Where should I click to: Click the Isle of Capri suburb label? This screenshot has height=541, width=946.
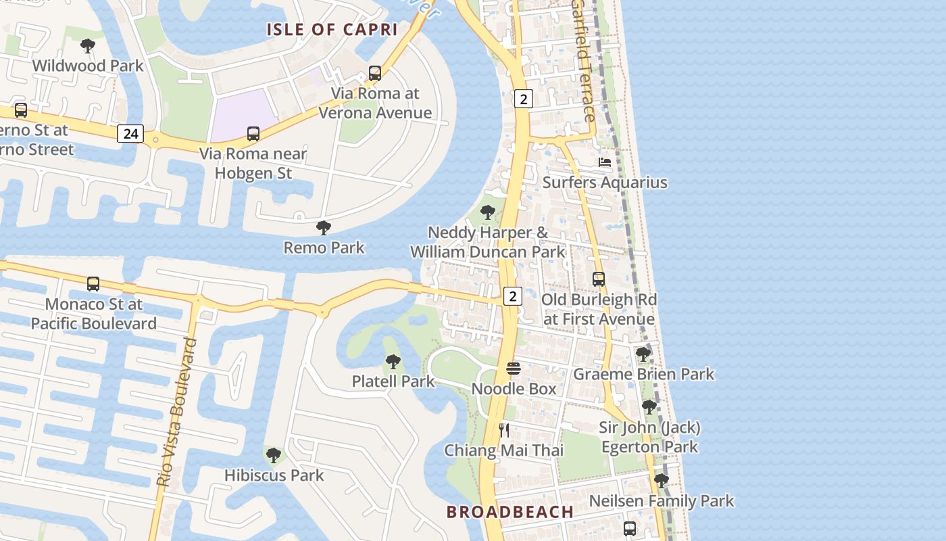pos(332,30)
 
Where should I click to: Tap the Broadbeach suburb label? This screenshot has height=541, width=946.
pos(509,512)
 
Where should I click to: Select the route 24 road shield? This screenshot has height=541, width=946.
pos(130,134)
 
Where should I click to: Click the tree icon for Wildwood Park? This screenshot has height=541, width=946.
pos(87,46)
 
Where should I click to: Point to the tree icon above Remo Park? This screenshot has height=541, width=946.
pos(324,228)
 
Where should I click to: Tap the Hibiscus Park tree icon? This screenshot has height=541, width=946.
pos(274,455)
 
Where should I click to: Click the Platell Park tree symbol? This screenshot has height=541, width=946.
pos(393,362)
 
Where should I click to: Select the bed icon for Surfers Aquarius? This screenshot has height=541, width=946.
pos(605,162)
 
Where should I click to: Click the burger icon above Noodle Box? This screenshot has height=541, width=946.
pos(514,369)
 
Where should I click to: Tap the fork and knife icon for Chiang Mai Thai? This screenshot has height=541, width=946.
pos(504,430)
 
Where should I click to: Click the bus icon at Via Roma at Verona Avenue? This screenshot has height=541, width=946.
pos(375,73)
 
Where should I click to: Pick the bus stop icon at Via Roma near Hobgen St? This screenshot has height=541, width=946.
pos(253,134)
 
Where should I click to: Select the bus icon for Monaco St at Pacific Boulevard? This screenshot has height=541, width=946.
pos(93,284)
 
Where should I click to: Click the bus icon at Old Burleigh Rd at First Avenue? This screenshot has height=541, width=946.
pos(599,279)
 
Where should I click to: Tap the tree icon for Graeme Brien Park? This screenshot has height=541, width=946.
pos(643,354)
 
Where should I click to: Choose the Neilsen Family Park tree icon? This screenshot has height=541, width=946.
pos(662,481)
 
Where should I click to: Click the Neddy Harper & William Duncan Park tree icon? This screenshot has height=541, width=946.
pos(487,212)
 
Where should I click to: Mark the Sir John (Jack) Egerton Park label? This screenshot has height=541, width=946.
pos(649,437)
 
